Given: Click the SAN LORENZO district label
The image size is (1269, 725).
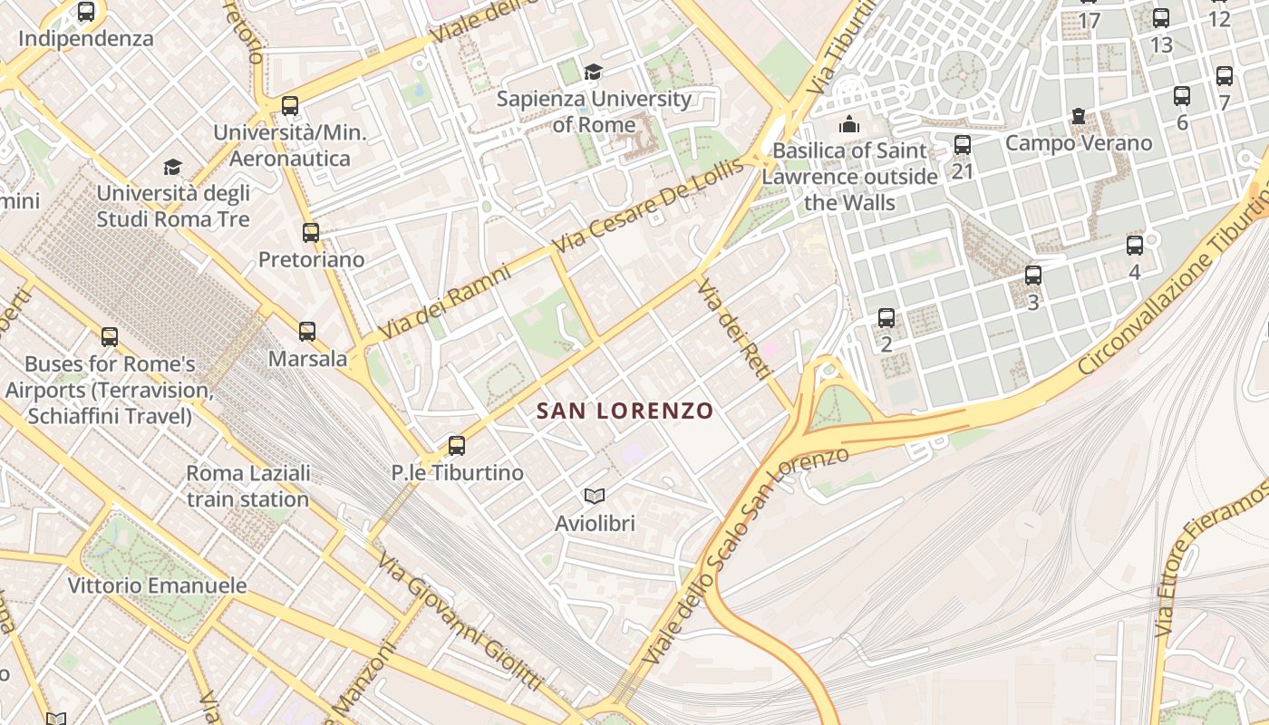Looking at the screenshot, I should tap(625, 411).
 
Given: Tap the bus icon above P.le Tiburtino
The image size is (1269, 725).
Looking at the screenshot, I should tap(457, 445).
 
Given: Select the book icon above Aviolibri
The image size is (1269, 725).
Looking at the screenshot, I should tap(595, 496).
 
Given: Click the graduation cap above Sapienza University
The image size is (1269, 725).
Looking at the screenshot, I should tap(593, 72).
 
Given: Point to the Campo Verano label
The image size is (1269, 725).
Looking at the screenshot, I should tap(1078, 143).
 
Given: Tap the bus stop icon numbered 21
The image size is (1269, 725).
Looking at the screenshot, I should tap(963, 144).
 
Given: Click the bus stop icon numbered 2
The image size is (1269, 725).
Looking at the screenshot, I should tap(886, 318).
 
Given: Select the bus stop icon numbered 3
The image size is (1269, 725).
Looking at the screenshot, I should tap(1032, 275).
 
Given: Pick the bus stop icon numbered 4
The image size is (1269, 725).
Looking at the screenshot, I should tap(1134, 245).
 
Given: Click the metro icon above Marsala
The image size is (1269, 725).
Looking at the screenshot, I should tap(307, 332).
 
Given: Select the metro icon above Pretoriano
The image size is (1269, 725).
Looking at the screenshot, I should tap(311, 233).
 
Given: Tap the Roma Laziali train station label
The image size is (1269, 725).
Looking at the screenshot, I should tap(248, 486).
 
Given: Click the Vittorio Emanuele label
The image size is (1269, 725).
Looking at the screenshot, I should tap(158, 585).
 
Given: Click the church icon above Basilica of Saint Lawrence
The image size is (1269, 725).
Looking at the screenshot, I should tap(849, 124).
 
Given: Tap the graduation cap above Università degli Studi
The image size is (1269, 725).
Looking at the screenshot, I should tap(172, 167).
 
